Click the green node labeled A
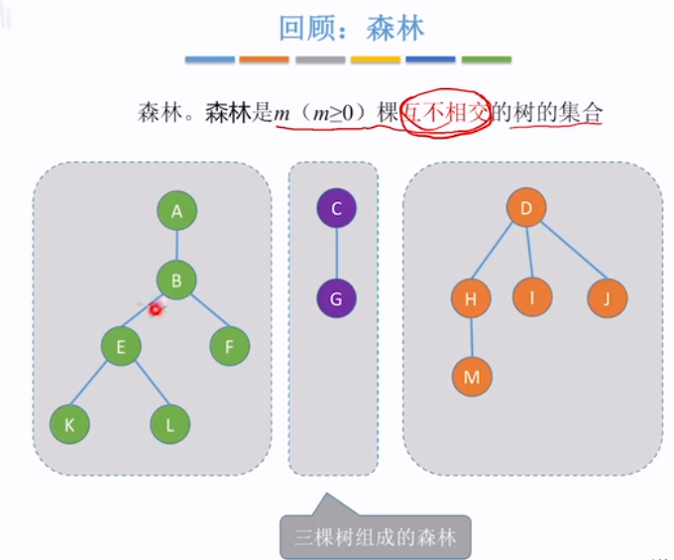(x=177, y=210)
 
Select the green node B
(x=177, y=280)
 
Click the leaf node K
(x=69, y=424)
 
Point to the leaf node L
(x=170, y=424)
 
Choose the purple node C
(x=337, y=209)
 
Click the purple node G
(x=337, y=297)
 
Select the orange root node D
(x=527, y=208)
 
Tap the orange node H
(x=471, y=298)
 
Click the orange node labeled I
(x=532, y=296)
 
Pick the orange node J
(x=607, y=298)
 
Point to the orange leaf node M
(x=472, y=377)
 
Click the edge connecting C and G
(x=337, y=253)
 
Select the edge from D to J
(x=569, y=255)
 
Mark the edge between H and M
(x=472, y=338)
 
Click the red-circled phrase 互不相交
(x=447, y=115)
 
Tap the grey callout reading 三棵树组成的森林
(x=376, y=537)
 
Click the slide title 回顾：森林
(x=352, y=27)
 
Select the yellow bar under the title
(x=376, y=59)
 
